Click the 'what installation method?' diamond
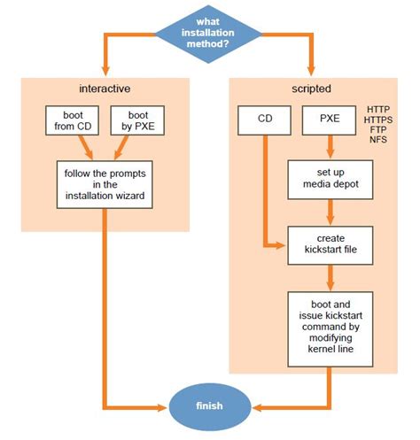point(209,34)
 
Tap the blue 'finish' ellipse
point(209,407)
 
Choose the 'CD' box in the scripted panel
point(263,120)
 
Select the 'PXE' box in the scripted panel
point(330,120)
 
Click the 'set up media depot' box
point(330,180)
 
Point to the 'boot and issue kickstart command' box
point(330,326)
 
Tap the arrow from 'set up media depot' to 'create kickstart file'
point(330,212)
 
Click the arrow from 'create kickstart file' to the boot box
point(330,276)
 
